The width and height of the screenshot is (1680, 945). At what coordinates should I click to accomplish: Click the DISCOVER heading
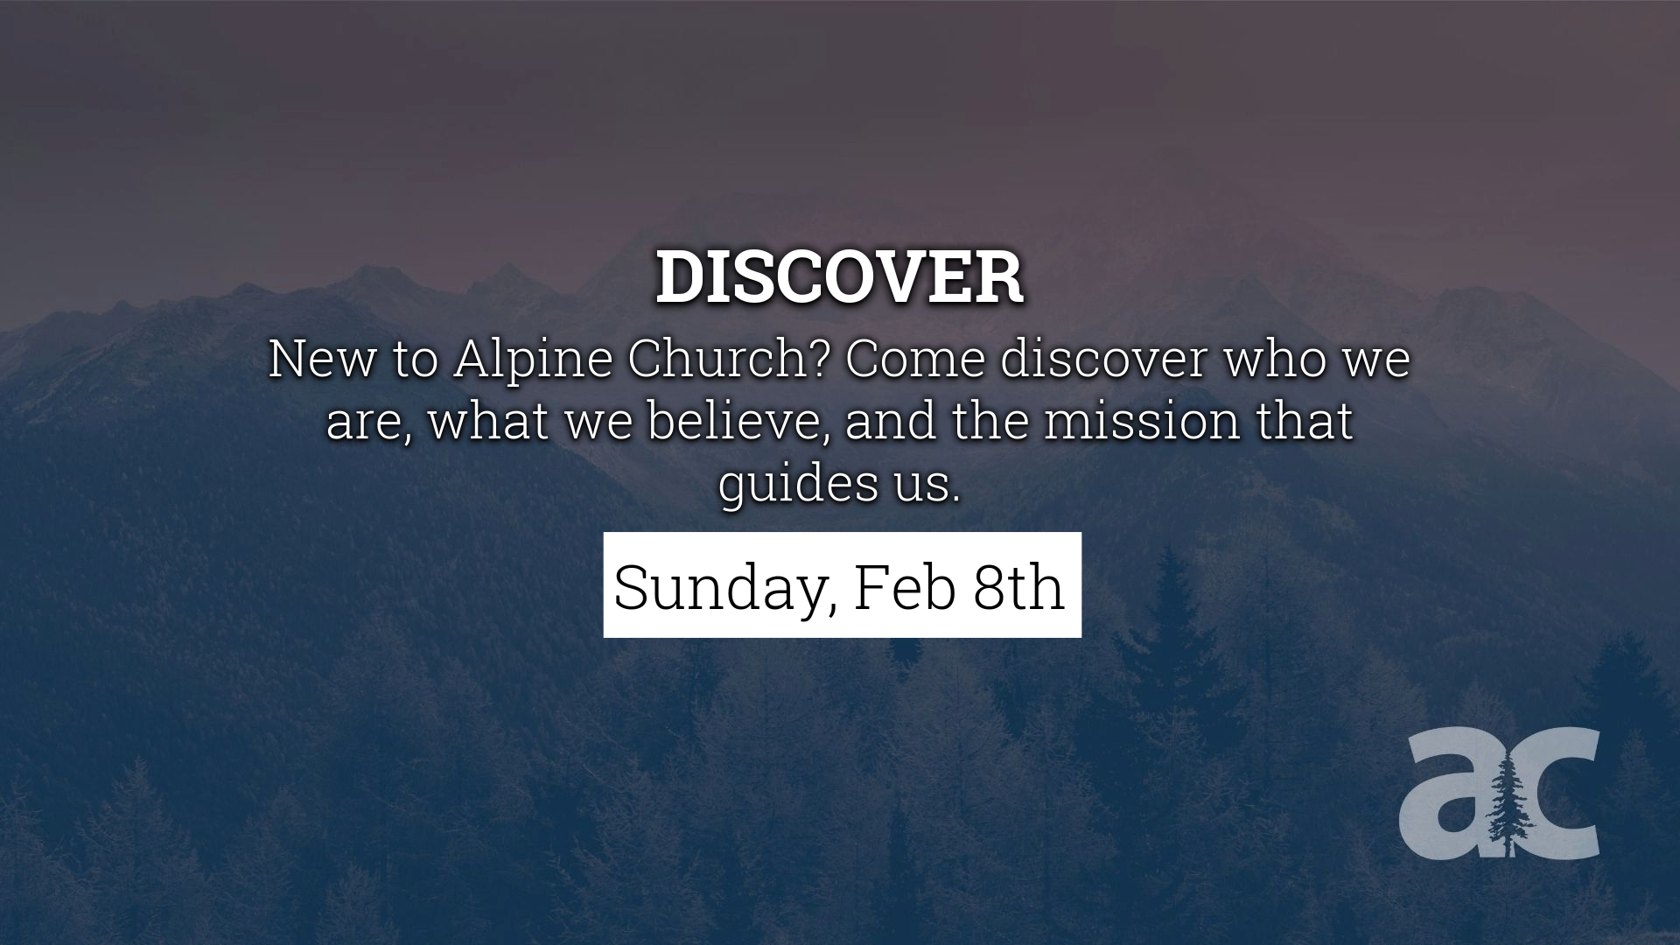tap(839, 278)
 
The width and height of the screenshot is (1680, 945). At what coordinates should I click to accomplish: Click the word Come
tap(915, 360)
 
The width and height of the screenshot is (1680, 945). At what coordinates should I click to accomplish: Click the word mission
tap(1142, 421)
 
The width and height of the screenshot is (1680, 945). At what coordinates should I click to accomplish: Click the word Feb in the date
tap(904, 587)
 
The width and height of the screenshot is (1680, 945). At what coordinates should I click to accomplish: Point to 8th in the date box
tap(1018, 587)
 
